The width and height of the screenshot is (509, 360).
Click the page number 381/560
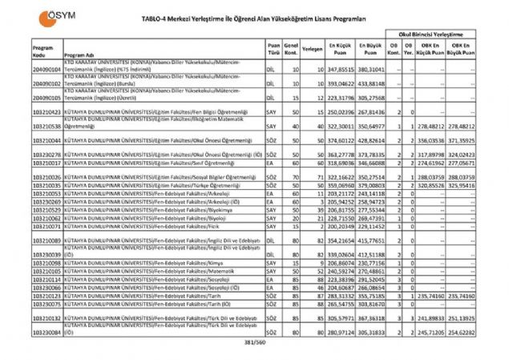[253, 343]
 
